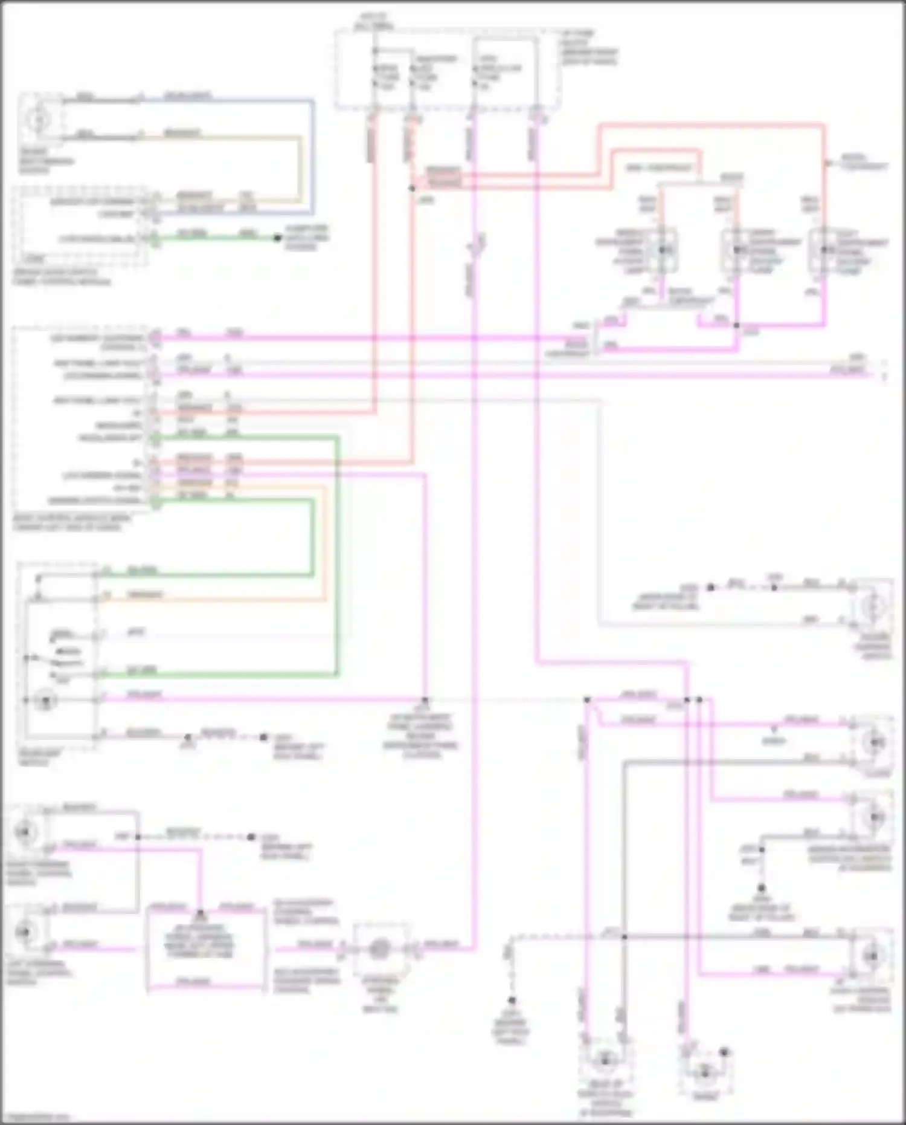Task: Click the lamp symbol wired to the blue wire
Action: [x=39, y=120]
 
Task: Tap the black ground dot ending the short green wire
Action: [x=277, y=238]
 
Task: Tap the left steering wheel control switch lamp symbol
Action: [x=25, y=932]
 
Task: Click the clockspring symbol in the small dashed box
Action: [x=379, y=948]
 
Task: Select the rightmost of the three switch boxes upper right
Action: [x=824, y=250]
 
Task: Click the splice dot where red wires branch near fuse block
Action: [x=413, y=189]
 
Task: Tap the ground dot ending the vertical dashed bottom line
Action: [x=512, y=1000]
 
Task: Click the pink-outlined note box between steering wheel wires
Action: [x=206, y=946]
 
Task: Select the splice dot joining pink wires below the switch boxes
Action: [x=736, y=325]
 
